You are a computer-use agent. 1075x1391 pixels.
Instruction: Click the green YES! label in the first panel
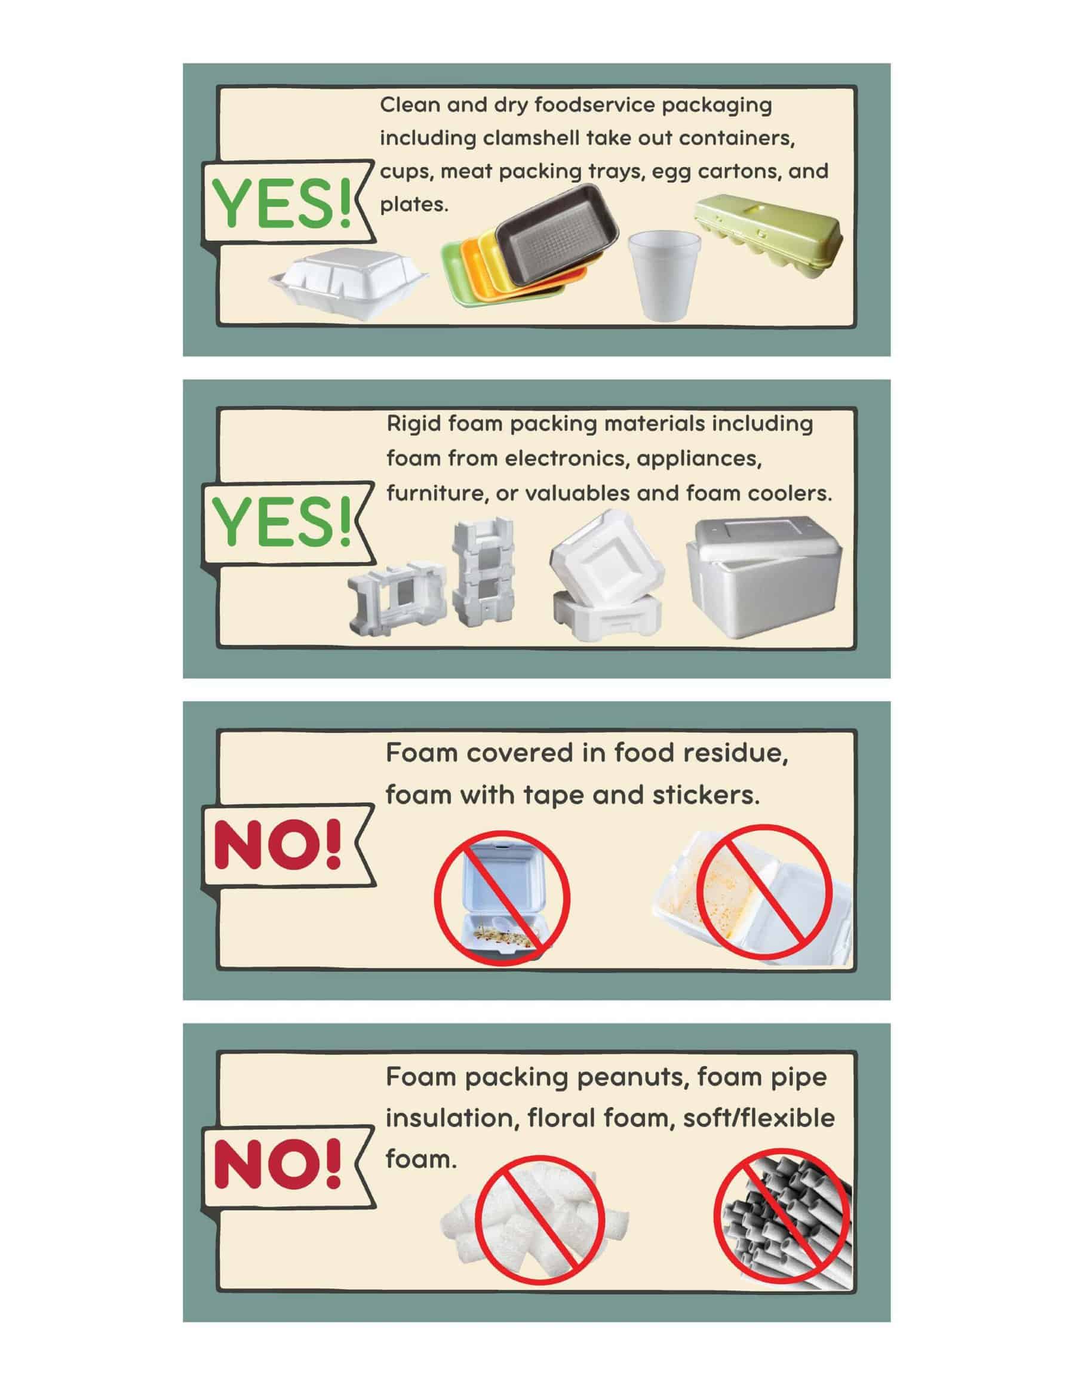point(282,203)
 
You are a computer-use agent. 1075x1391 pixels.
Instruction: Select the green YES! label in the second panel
point(282,522)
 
